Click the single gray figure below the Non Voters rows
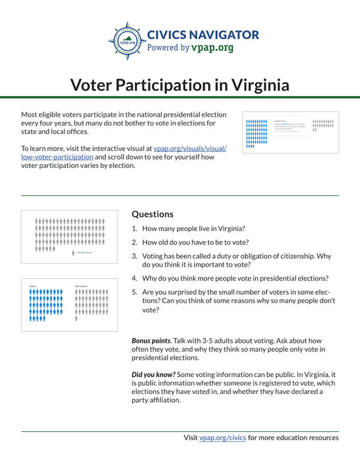[77, 319]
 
